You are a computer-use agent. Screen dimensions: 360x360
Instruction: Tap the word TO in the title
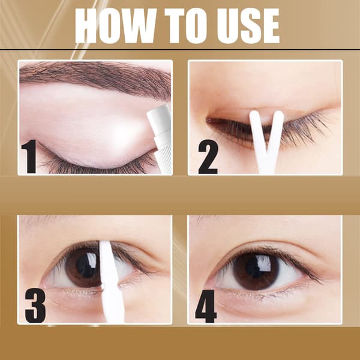coord(187,26)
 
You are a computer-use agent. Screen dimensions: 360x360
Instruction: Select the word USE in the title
coord(248,26)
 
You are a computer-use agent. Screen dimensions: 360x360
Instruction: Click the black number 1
coord(29,156)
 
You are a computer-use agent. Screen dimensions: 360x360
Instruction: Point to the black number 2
coord(208,157)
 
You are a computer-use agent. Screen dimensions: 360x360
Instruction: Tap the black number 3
coord(35,305)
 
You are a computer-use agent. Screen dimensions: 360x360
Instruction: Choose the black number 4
coord(206,306)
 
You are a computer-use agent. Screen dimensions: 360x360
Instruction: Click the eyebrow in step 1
coord(95,77)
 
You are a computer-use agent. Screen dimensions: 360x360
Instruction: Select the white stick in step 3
coord(112,283)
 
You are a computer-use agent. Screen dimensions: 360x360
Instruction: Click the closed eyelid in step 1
coord(92,128)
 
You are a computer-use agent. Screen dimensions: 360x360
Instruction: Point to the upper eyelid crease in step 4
coord(266,244)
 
